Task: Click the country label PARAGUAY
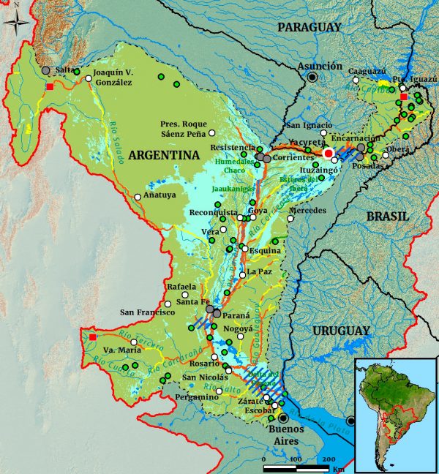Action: coord(309,27)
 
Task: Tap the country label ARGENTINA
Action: coord(165,154)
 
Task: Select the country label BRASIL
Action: coord(388,217)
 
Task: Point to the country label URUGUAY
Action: coord(341,331)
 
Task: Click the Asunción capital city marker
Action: coord(313,77)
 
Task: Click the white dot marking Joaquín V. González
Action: coord(89,78)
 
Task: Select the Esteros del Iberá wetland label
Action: coord(302,181)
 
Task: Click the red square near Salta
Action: coord(50,86)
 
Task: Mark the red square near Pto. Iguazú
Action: coord(403,96)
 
